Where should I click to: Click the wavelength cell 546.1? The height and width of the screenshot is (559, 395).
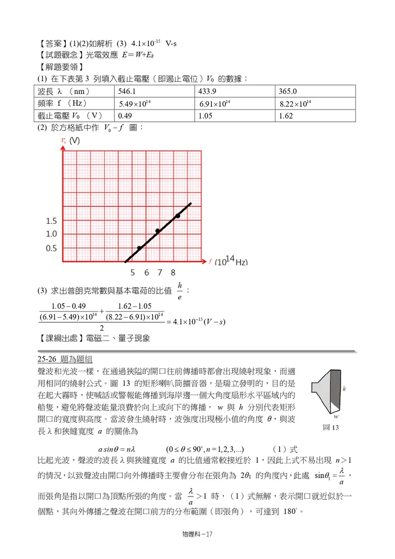[x=126, y=91]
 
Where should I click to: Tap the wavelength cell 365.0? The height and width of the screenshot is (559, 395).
[x=288, y=91]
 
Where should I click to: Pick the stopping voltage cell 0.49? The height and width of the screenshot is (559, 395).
[x=125, y=115]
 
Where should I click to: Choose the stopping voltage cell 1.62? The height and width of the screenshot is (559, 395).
[x=287, y=115]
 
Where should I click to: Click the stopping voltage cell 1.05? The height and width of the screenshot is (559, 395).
[x=206, y=115]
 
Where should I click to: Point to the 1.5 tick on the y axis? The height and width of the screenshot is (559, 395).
[x=51, y=221]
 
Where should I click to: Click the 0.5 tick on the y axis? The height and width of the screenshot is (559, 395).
[x=51, y=249]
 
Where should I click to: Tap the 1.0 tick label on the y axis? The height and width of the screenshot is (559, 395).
[x=51, y=234]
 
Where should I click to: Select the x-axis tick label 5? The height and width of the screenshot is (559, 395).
[x=132, y=273]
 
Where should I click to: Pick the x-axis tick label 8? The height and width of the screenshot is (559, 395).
[x=173, y=273]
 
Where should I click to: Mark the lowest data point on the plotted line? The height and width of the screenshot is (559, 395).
[x=139, y=248]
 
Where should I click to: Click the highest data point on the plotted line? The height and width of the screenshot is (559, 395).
[x=178, y=216]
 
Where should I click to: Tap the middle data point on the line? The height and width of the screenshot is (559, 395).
[x=157, y=231]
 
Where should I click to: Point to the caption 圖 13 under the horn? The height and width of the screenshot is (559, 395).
[x=331, y=428]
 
